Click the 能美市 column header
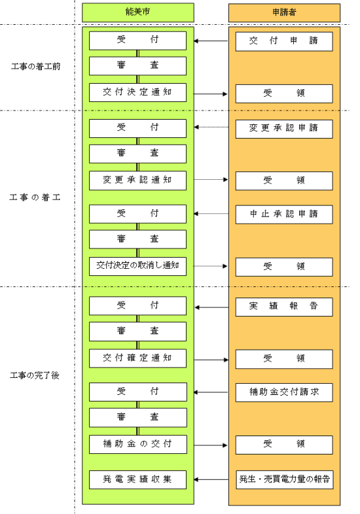point(137,12)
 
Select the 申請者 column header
point(285,12)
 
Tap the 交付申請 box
point(285,42)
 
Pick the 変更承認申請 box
point(285,128)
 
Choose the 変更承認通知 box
point(137,179)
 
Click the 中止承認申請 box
point(285,214)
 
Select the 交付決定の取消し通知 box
point(137,266)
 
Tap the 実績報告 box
point(285,306)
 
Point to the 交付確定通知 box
point(137,358)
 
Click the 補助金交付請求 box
point(285,392)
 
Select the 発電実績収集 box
point(137,479)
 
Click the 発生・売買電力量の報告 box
point(285,479)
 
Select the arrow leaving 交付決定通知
point(209,94)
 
